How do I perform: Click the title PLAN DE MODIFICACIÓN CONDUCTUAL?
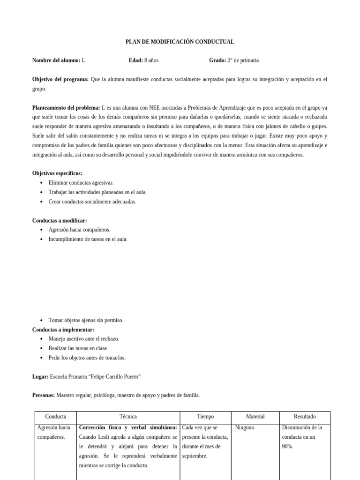pos(180,42)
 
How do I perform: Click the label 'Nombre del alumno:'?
pos(56,60)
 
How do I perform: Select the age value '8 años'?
pos(151,60)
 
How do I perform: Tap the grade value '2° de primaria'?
pos(243,60)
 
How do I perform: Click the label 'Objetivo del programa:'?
pos(60,80)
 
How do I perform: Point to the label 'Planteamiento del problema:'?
pos(66,108)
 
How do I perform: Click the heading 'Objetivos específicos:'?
pos(57,173)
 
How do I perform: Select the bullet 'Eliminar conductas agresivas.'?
pos(81,183)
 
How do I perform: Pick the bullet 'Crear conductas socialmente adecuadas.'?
pos(92,202)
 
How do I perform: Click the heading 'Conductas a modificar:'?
pos(59,221)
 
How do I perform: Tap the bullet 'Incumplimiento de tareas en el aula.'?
pos(88,239)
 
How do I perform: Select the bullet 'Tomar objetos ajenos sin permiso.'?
pos(86,320)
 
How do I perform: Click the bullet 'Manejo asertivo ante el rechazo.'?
pos(83,339)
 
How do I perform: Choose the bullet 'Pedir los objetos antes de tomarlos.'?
pos(87,358)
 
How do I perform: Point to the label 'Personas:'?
pos(43,396)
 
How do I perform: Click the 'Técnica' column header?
pos(128,417)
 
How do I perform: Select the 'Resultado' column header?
pos(304,417)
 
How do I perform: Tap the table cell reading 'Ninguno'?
pos(245,428)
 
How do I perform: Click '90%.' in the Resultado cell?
pos(287,447)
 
